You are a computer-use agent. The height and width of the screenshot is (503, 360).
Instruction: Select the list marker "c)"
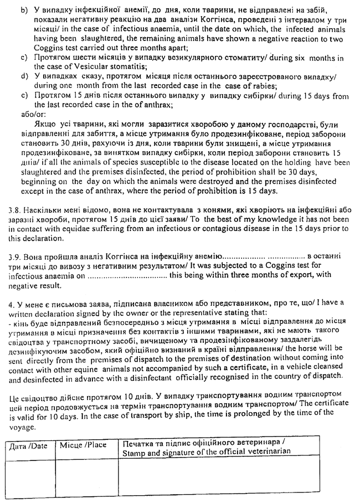(x=24, y=58)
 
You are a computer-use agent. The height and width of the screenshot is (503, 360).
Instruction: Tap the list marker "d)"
(x=24, y=77)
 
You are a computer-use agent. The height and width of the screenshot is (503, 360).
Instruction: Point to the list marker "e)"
(x=24, y=96)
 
